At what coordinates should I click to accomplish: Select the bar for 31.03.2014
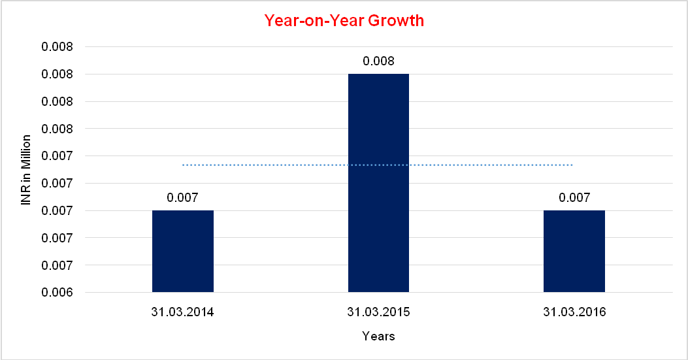[183, 251]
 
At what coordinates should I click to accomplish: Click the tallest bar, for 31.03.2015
[378, 183]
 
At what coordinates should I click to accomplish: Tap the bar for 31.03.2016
[574, 251]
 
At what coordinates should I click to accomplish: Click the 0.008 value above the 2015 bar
[378, 61]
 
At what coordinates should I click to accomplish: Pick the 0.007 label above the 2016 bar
[574, 197]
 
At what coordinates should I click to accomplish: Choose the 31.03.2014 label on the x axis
[183, 312]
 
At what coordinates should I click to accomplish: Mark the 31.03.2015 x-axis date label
[378, 312]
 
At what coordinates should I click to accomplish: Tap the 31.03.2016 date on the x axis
[574, 312]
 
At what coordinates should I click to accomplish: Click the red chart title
[344, 21]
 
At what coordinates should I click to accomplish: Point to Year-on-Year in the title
[314, 21]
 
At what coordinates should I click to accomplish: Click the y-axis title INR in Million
[26, 170]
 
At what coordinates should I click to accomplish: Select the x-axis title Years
[378, 336]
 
